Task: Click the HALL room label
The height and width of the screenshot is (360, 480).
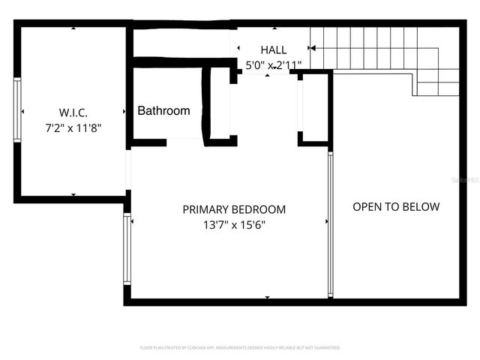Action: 273,49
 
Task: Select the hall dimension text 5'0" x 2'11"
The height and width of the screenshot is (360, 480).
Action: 274,65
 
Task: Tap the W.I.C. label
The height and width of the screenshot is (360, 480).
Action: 73,112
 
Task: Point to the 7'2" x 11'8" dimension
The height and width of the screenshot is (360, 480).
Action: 73,128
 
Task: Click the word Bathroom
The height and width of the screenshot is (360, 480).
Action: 163,111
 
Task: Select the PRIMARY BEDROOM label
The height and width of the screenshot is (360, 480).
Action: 234,209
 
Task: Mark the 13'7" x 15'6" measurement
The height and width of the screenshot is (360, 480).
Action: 234,225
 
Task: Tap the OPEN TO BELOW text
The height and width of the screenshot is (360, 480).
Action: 396,206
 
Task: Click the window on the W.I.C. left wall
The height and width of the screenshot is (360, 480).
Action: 17,109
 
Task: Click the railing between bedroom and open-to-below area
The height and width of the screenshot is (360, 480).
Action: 329,225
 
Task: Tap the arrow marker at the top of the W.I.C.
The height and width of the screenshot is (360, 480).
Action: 73,28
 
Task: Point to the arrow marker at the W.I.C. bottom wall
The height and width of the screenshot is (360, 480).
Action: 73,195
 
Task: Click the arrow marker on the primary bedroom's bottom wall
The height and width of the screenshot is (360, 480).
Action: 268,297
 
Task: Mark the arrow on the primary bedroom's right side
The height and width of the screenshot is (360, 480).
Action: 326,221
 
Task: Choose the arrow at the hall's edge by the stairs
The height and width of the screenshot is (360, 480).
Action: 312,48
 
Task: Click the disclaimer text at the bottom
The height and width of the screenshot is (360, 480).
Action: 240,348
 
